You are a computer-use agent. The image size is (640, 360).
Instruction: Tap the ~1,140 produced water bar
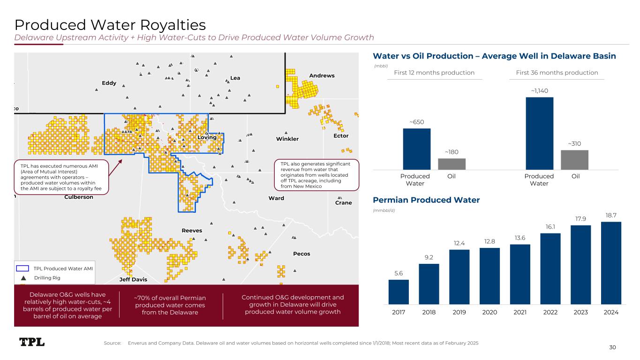coord(539,133)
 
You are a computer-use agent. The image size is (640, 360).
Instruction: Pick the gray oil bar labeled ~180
coord(452,164)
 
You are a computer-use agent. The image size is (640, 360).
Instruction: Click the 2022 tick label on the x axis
coord(550,312)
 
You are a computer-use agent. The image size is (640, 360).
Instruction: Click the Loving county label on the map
coord(207,137)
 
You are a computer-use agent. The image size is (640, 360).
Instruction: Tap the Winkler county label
coord(287,139)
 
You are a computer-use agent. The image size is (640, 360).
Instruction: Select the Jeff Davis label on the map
coord(133,279)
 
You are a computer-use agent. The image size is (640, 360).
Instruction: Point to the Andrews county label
coord(322,75)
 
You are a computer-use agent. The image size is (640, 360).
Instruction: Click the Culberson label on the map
coord(78,197)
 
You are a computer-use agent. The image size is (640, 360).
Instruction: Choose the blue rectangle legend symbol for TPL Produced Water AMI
coord(23,269)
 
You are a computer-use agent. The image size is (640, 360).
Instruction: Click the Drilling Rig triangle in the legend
coord(23,278)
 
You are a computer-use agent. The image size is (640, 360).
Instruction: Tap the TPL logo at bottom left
coord(32,342)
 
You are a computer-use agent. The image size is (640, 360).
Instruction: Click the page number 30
coord(612,347)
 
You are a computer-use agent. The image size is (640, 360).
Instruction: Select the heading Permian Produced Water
coord(426,200)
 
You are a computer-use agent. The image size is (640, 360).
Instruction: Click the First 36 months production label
coord(557,73)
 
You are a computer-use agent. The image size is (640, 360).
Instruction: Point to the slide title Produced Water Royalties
coord(110,24)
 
